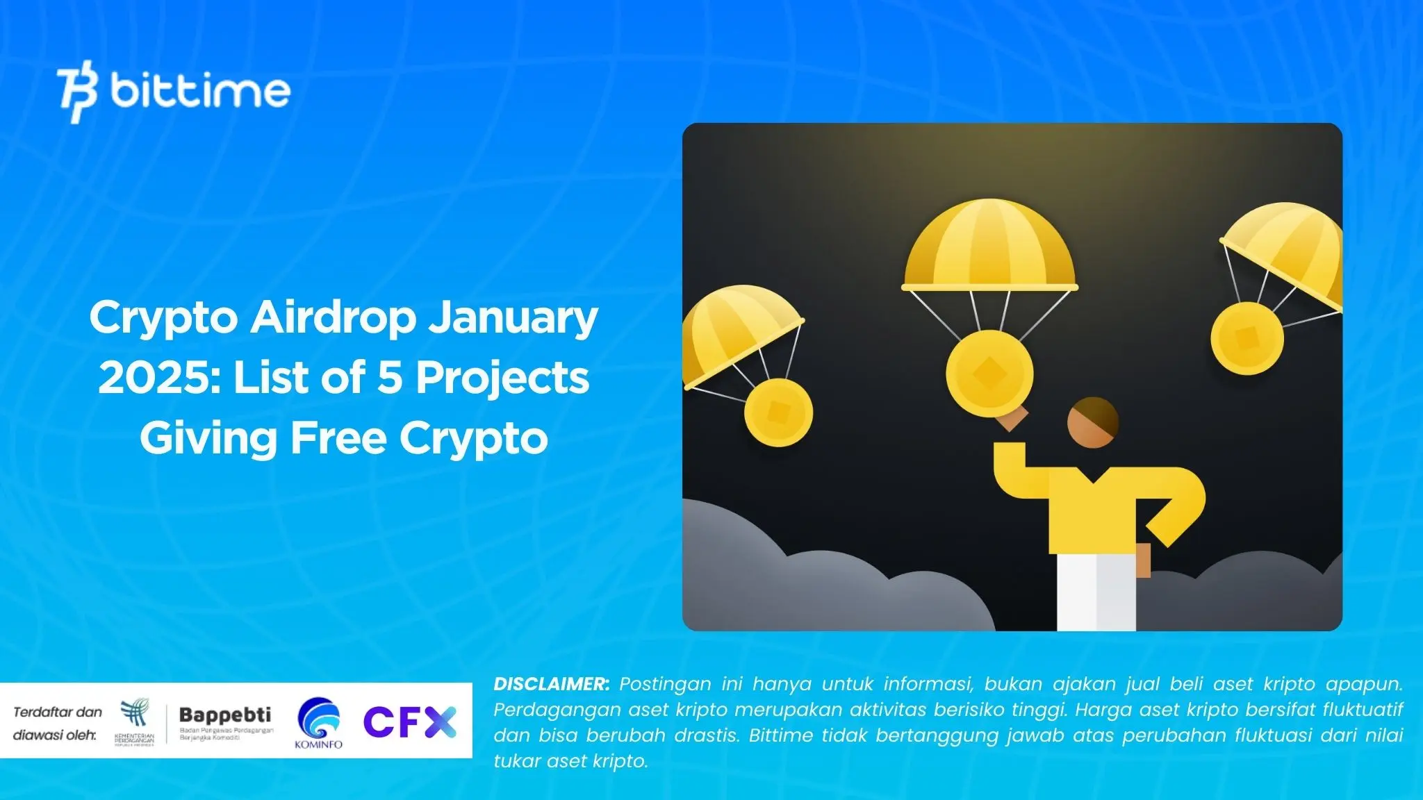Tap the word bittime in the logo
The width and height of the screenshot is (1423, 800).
click(200, 92)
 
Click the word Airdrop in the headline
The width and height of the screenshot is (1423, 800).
click(334, 318)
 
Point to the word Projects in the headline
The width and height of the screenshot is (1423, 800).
click(502, 378)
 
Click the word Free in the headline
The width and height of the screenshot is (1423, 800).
click(338, 438)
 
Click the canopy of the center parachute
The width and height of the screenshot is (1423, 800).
click(989, 247)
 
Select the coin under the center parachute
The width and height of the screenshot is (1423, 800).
click(989, 374)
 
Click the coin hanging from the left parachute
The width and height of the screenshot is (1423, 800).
click(778, 412)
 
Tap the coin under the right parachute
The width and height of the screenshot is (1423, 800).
click(1247, 338)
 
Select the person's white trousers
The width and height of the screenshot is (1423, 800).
click(1096, 592)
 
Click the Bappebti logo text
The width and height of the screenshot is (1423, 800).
click(225, 715)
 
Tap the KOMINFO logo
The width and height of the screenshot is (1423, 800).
click(318, 723)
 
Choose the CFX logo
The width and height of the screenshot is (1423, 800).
click(410, 722)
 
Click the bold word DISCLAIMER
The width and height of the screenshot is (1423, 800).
click(551, 684)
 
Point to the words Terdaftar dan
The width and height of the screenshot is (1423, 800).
click(58, 712)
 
